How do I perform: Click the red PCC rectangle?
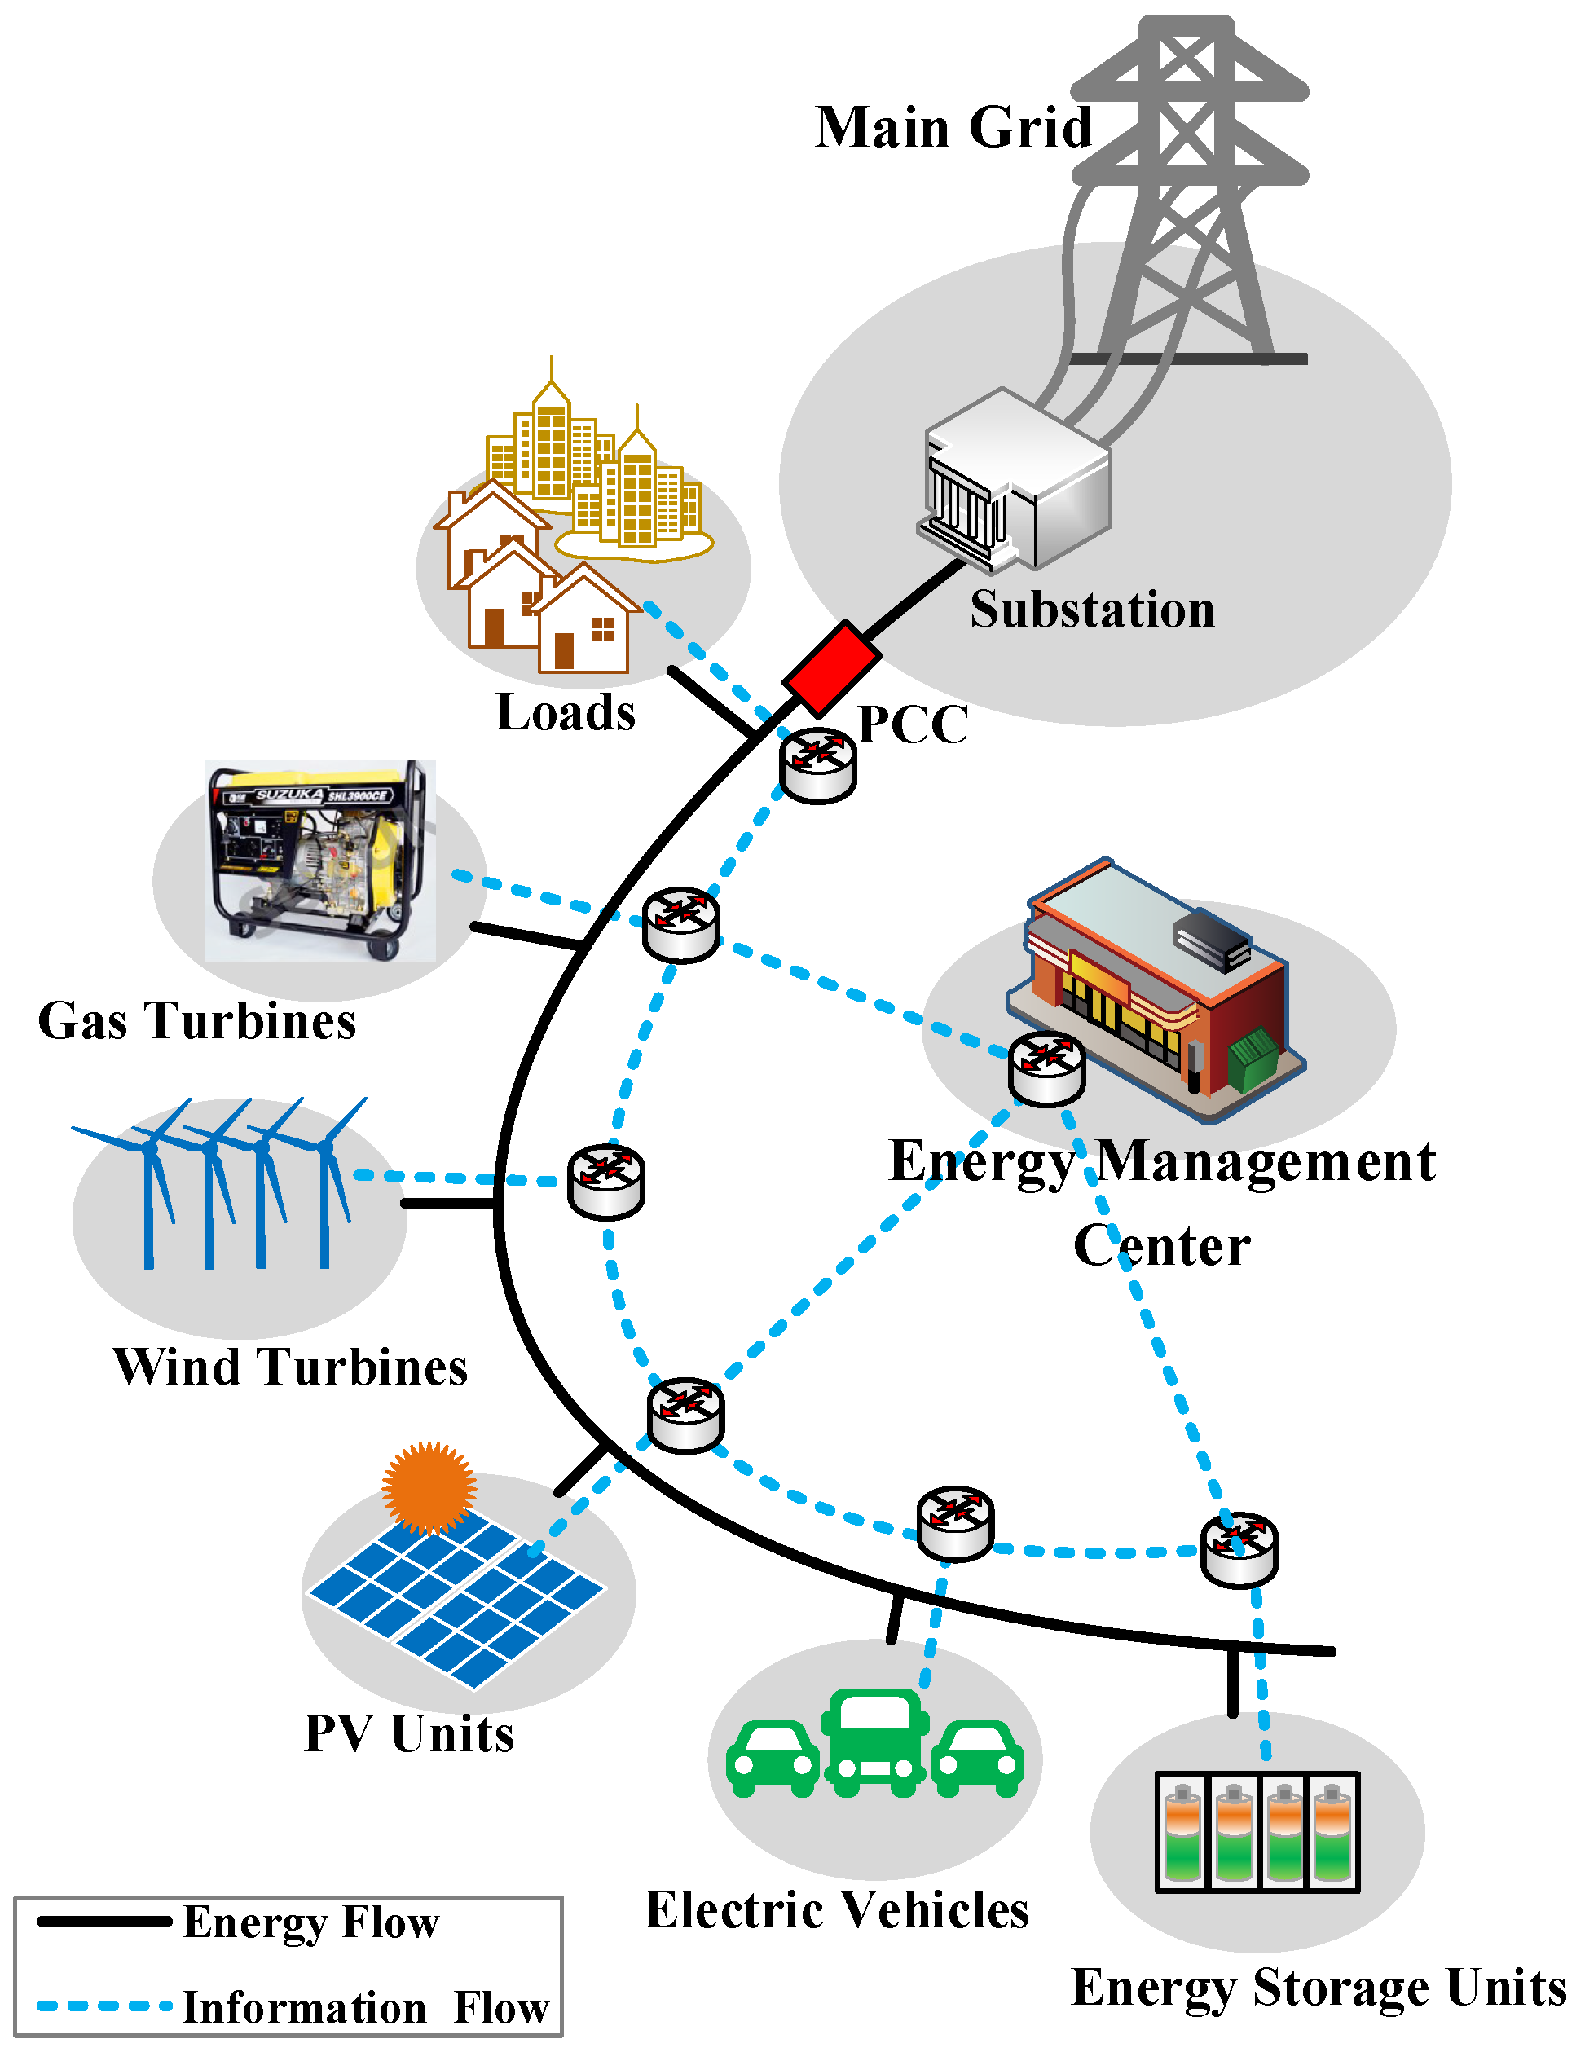[x=830, y=667]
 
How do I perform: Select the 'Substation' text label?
[x=1092, y=609]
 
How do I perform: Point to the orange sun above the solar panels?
[x=429, y=1487]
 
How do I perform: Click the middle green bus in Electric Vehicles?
[x=874, y=1743]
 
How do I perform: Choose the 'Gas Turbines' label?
[x=197, y=1020]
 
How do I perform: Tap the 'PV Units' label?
[x=410, y=1733]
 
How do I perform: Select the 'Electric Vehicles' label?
[x=836, y=1910]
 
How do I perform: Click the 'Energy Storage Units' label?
[x=1319, y=1989]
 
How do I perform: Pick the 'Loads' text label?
[x=566, y=712]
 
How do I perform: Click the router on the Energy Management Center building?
[x=1046, y=1068]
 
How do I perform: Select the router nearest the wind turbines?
[x=606, y=1181]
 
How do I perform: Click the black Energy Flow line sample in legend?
[x=103, y=1922]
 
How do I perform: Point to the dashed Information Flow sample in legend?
[x=103, y=2006]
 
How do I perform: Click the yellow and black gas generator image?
[x=319, y=860]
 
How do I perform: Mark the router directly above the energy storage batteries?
[x=1239, y=1549]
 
